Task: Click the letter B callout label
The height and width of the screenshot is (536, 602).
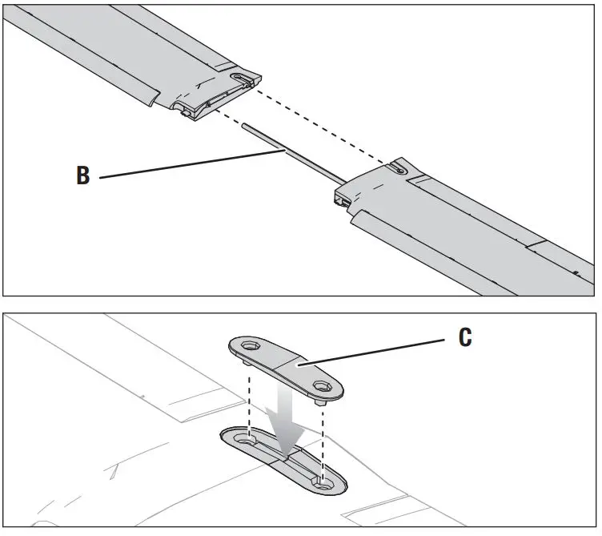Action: [x=83, y=175]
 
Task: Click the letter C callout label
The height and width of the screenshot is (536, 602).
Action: [x=465, y=337]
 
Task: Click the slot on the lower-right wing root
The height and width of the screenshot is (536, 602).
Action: [x=399, y=168]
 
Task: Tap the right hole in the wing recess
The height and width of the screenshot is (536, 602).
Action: [x=322, y=482]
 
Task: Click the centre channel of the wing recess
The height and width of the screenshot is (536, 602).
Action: [x=285, y=460]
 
